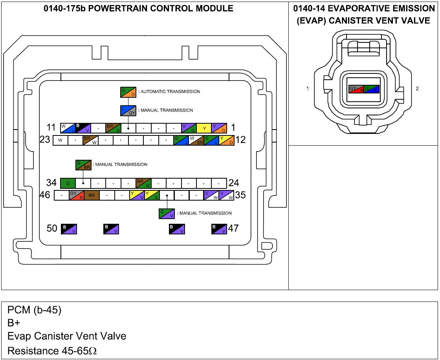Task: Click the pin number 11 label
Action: coord(51,128)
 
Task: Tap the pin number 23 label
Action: coord(46,140)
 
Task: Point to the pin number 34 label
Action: coord(51,183)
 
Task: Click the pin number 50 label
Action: coord(52,228)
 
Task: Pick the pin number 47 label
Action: coord(233,228)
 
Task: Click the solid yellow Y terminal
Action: coord(204,128)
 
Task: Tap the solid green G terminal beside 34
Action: coord(68,183)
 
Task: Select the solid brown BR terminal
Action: coord(92,195)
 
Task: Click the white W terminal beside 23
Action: coord(60,140)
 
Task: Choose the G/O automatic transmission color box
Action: coord(128,92)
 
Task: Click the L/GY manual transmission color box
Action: coord(128,111)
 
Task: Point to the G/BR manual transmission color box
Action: coord(83,165)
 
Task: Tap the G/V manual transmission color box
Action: coord(167,214)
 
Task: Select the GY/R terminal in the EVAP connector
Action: coord(356,89)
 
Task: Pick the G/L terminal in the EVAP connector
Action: coord(372,89)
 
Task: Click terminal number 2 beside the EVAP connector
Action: coord(417,89)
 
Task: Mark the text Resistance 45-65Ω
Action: coord(52,351)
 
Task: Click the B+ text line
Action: coord(14,323)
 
